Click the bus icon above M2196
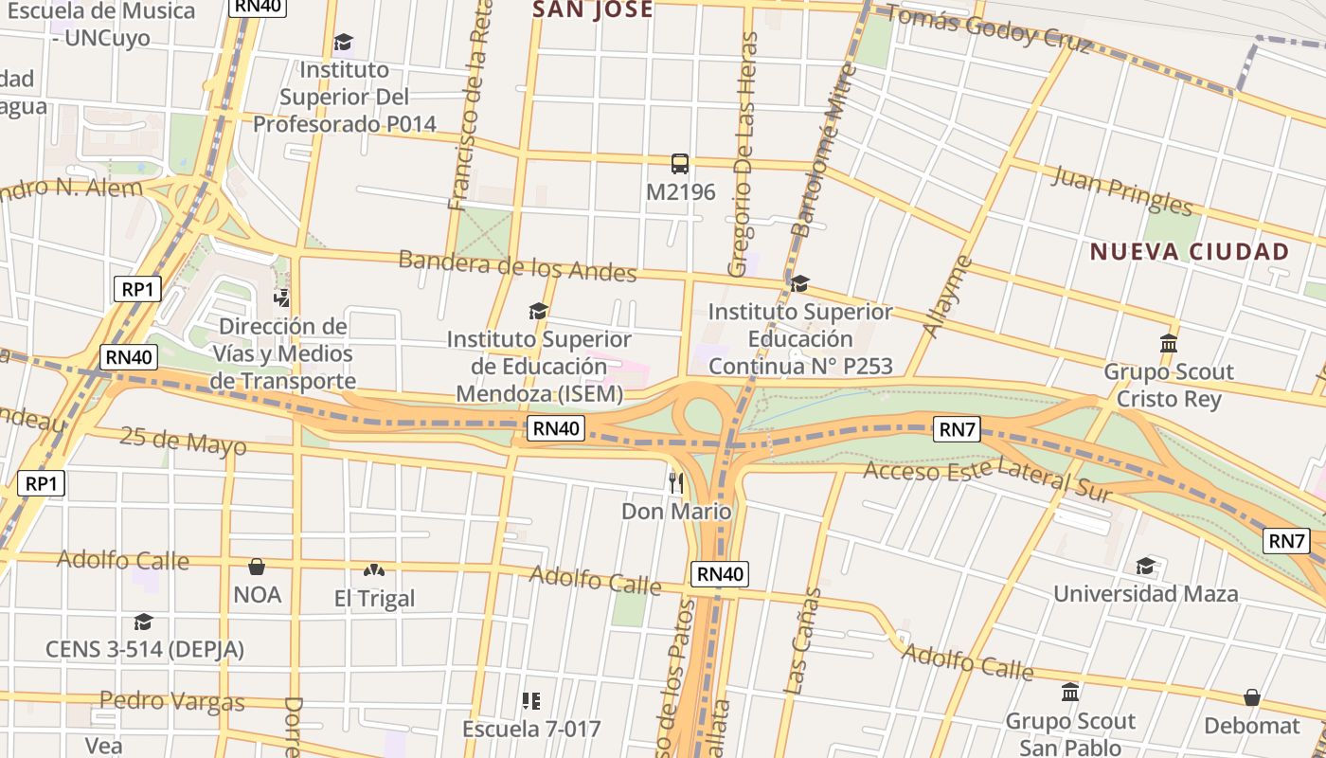point(680,164)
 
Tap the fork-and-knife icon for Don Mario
point(676,482)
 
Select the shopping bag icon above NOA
point(256,567)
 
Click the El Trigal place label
point(375,599)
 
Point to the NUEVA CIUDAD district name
point(1189,252)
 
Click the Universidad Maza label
point(1145,594)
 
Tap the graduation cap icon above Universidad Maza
point(1145,567)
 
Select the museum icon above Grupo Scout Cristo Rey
point(1169,343)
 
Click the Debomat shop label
point(1251,726)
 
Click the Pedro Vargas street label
point(171,701)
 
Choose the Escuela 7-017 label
point(531,730)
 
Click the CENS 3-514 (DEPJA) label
point(145,649)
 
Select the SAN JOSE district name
point(593,10)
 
